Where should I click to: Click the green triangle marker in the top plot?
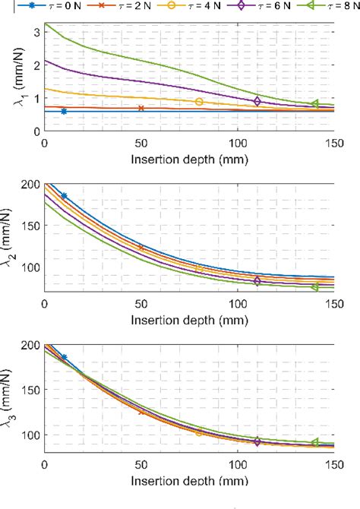pos(315,104)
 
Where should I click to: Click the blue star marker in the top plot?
pos(64,111)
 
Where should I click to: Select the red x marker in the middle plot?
pos(141,248)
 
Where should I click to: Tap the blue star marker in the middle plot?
pos(64,196)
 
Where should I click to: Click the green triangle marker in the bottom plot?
pos(315,442)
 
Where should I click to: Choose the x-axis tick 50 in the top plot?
pos(141,143)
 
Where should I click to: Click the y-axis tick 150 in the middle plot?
pos(30,226)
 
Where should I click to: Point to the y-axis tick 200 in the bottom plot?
pos(30,345)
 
